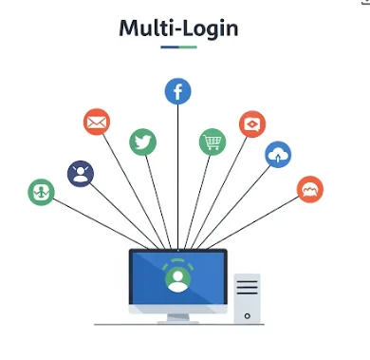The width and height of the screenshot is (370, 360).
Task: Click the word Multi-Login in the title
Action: (x=177, y=28)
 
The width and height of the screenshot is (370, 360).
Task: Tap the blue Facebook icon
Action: (x=177, y=91)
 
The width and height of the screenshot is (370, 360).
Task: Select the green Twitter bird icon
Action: (x=142, y=142)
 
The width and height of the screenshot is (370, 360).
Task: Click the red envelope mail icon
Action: (x=97, y=123)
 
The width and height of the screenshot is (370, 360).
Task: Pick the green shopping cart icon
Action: (x=213, y=142)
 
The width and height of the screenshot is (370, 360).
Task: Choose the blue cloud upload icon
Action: (x=278, y=154)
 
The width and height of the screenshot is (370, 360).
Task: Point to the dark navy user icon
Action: (x=81, y=173)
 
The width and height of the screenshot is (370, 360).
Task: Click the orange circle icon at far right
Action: (x=309, y=189)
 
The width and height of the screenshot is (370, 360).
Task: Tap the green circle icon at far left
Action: (x=42, y=192)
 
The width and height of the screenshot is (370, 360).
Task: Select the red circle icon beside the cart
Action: (x=251, y=123)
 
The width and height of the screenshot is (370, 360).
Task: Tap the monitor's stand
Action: (x=177, y=316)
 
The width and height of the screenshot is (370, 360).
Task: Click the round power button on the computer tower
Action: (x=247, y=313)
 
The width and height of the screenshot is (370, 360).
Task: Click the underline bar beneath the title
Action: (x=177, y=47)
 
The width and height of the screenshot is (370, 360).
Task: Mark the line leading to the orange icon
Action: (x=256, y=218)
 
